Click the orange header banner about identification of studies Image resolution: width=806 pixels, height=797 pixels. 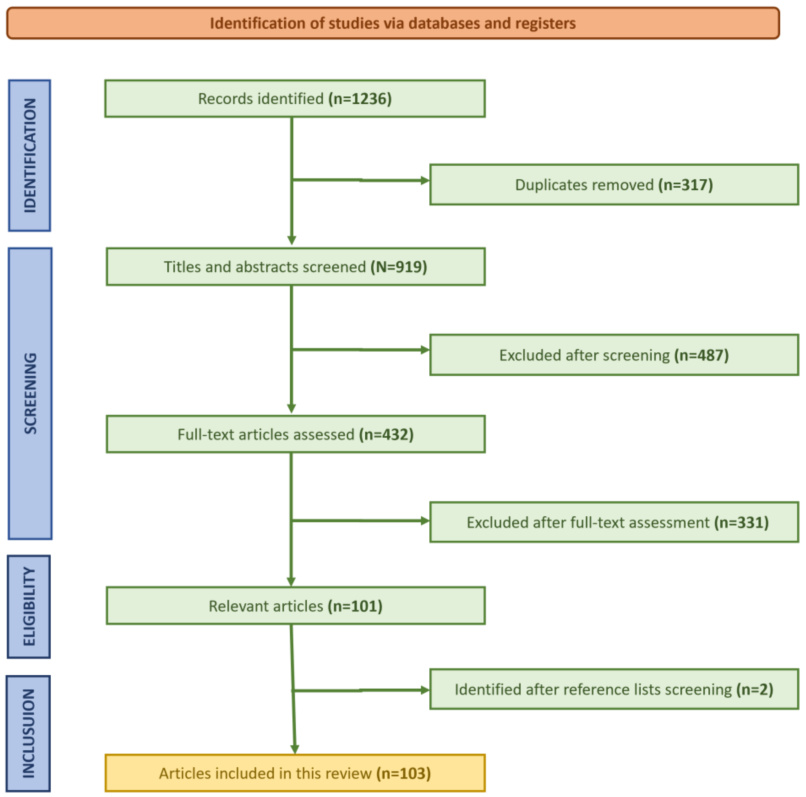tap(392, 23)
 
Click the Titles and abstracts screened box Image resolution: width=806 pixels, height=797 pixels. tap(295, 267)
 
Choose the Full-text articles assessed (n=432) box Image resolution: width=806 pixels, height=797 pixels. tap(295, 434)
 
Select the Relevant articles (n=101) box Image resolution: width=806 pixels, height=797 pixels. tap(295, 606)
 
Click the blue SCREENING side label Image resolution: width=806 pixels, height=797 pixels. tap(30, 393)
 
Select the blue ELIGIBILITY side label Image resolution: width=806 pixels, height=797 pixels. tap(29, 607)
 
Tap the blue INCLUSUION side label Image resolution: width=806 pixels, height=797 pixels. tap(28, 734)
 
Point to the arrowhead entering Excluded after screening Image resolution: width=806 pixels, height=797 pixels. tap(425, 350)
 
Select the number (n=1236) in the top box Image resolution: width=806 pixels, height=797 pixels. tap(360, 99)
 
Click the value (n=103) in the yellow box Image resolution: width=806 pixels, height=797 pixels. tap(403, 773)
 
